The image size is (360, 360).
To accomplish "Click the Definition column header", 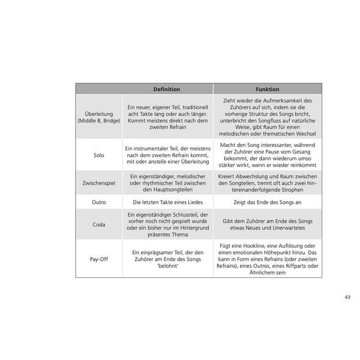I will click(x=167, y=88).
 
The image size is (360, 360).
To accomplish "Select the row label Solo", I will click(x=98, y=155).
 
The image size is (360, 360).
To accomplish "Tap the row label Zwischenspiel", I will click(x=98, y=182).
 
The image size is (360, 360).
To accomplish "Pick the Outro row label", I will click(x=98, y=202).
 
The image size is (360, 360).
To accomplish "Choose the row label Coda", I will click(x=98, y=226).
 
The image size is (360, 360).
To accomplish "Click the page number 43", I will click(x=348, y=296).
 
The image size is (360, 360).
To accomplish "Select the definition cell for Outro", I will click(x=167, y=202).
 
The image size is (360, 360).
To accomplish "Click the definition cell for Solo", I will click(x=167, y=155).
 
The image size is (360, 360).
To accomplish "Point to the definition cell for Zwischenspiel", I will click(x=167, y=182).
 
